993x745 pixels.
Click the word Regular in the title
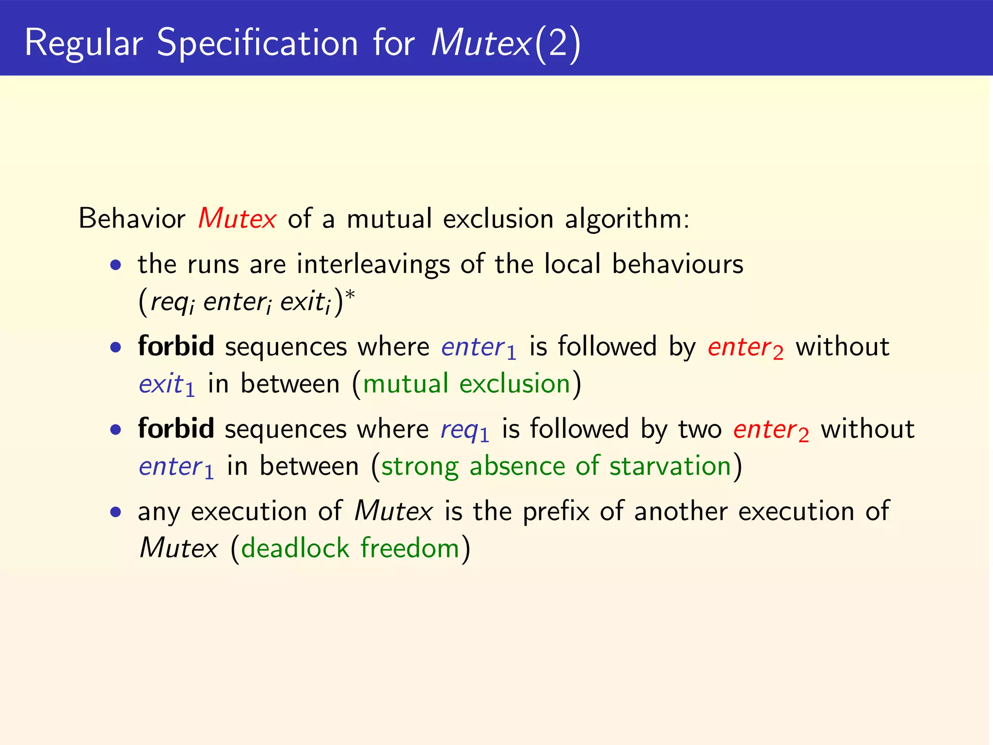[83, 44]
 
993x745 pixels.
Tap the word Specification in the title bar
[257, 44]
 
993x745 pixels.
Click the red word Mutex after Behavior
[237, 219]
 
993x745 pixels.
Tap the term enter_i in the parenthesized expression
[237, 302]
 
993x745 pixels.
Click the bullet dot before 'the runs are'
[115, 265]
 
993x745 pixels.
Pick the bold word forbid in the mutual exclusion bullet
[176, 346]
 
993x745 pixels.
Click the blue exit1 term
[167, 385]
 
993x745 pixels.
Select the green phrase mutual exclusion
[466, 384]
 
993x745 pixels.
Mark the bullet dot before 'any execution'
[115, 512]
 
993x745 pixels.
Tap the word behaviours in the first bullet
[677, 264]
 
